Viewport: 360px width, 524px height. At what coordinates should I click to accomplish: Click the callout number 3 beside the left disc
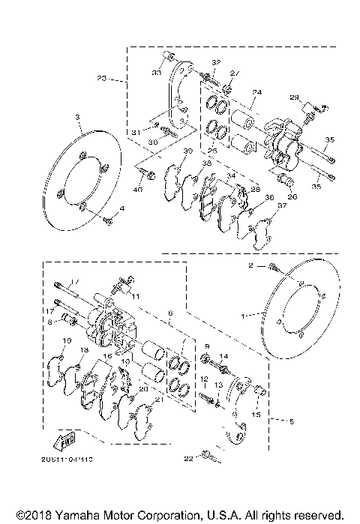76,117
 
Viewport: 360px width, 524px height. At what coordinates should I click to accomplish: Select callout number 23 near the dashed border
103,77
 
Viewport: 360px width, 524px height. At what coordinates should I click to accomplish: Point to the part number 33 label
157,72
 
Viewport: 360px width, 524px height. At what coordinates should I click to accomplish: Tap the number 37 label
280,205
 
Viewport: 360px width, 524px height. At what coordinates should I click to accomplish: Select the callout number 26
292,197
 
